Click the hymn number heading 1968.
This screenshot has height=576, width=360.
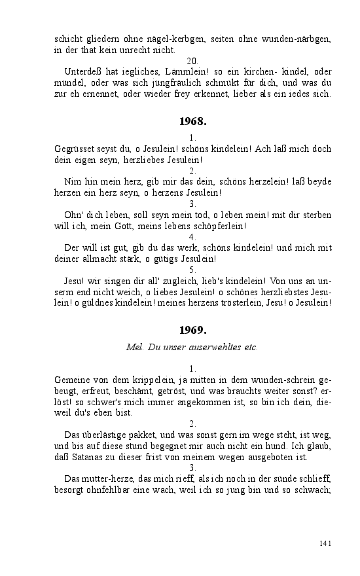coord(192,122)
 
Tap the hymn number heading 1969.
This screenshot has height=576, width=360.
coord(192,330)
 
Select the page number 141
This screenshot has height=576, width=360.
coord(325,543)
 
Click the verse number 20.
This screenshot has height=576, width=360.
coord(192,62)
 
